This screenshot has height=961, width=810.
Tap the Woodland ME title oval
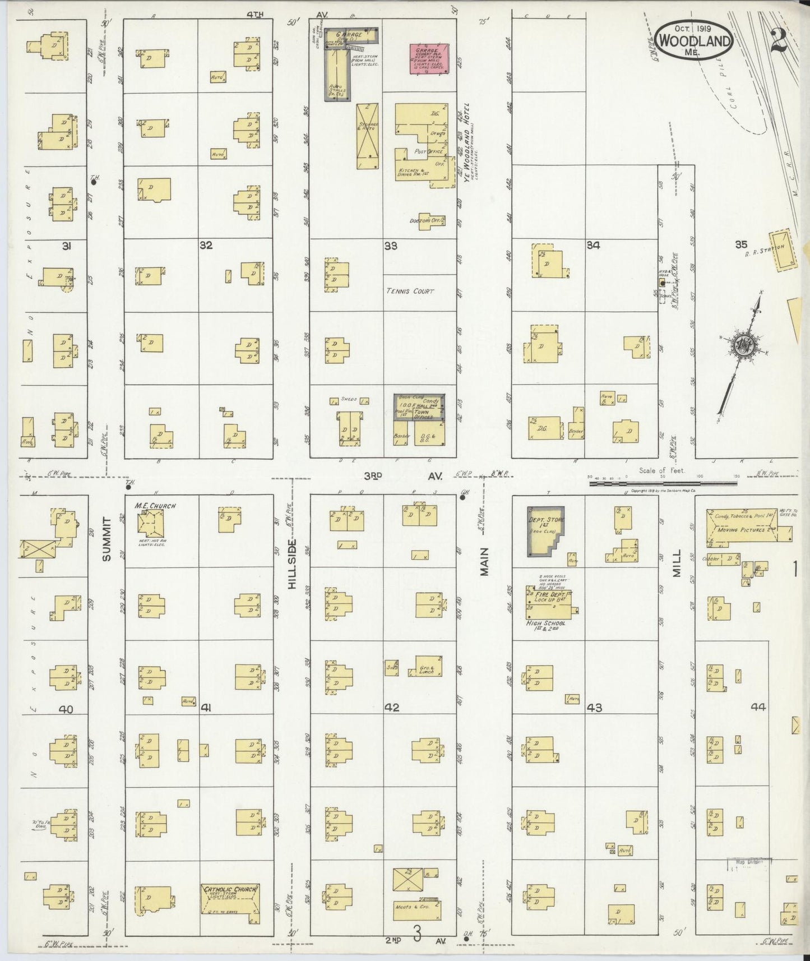click(x=693, y=40)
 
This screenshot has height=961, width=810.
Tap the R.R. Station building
click(x=783, y=250)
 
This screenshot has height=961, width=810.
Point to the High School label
click(x=545, y=623)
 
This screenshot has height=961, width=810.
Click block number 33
click(x=391, y=246)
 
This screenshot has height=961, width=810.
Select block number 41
click(x=207, y=709)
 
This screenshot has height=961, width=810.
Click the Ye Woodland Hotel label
click(x=465, y=143)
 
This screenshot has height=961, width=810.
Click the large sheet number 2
click(x=779, y=40)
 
